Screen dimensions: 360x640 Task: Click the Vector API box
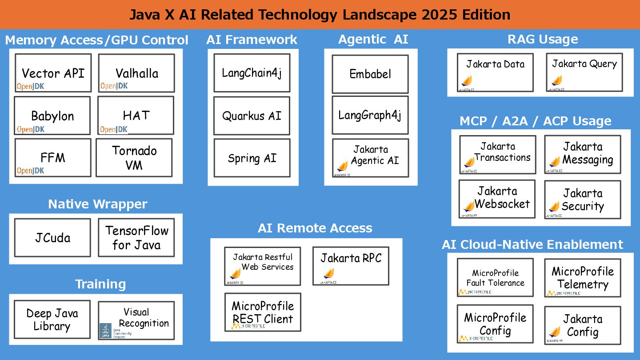(x=53, y=73)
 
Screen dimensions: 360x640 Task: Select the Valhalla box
(x=136, y=73)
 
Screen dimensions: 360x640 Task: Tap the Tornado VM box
(x=134, y=157)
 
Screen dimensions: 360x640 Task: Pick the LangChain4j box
(x=252, y=73)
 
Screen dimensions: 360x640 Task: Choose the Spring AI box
(x=252, y=158)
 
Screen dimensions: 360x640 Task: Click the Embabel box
(x=370, y=74)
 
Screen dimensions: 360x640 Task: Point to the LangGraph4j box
(x=370, y=115)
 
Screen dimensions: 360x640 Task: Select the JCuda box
(x=52, y=237)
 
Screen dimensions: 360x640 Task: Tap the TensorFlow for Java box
(x=136, y=237)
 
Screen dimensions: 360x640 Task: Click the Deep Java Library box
(x=52, y=320)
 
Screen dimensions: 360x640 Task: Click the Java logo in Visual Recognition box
(x=105, y=330)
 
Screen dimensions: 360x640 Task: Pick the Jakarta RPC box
(x=351, y=266)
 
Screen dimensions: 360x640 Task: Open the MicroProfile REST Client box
(x=263, y=312)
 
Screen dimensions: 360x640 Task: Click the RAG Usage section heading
(x=543, y=40)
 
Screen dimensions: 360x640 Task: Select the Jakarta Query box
(x=584, y=72)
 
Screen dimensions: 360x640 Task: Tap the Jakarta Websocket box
(x=497, y=199)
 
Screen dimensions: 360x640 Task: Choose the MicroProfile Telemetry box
(x=582, y=278)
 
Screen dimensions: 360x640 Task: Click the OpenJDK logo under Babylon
(x=31, y=129)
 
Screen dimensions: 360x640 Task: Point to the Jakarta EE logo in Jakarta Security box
(x=554, y=208)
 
